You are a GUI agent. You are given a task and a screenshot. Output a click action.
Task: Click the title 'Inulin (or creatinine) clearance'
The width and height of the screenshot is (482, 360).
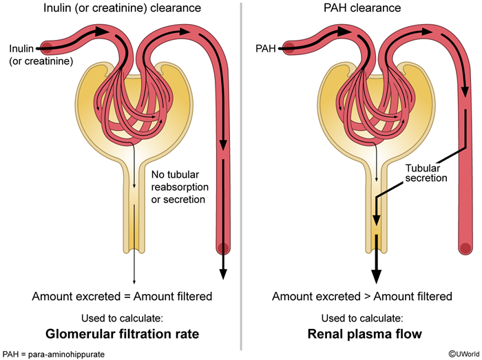pyautogui.click(x=122, y=9)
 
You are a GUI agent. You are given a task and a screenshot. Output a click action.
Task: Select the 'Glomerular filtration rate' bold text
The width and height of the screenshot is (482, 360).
pyautogui.click(x=122, y=335)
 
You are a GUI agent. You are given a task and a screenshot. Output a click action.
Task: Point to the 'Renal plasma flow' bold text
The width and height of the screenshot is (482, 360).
pyautogui.click(x=362, y=335)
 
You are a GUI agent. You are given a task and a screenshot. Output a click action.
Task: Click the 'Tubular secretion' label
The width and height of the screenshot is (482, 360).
pyautogui.click(x=426, y=172)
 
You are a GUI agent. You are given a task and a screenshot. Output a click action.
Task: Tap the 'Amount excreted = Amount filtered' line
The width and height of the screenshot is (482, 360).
pyautogui.click(x=122, y=297)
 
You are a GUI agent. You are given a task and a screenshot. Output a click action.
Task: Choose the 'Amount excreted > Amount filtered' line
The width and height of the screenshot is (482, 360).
pyautogui.click(x=362, y=297)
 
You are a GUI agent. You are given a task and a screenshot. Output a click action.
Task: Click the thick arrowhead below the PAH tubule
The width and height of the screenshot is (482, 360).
pyautogui.click(x=376, y=275)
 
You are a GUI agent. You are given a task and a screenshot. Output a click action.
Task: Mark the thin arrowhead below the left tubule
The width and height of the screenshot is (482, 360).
pyautogui.click(x=134, y=280)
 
